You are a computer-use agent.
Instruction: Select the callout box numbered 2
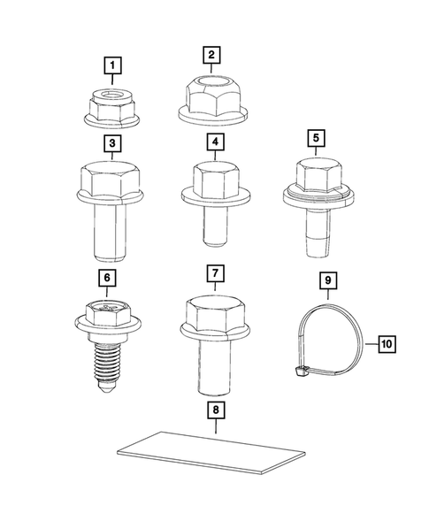tap(211, 55)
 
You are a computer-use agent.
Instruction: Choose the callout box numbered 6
tap(106, 279)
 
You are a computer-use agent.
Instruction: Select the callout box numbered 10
tap(387, 341)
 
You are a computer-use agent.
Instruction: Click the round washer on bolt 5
tap(313, 196)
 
